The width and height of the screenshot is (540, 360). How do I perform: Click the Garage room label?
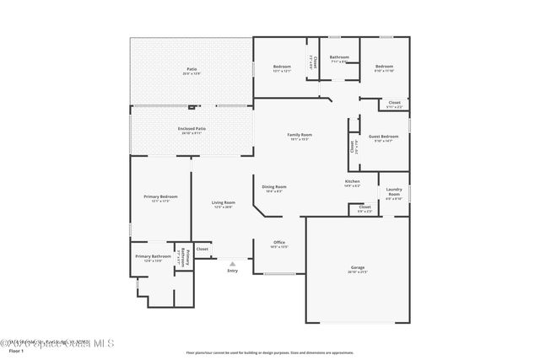click(358, 267)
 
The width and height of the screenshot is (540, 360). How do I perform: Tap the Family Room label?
click(300, 135)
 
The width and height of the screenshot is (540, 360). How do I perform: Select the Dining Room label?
click(274, 186)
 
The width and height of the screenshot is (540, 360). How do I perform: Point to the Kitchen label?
click(353, 181)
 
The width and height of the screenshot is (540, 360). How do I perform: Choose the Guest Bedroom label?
click(383, 136)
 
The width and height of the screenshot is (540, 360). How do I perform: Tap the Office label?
click(278, 242)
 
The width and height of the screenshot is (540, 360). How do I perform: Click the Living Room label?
click(224, 202)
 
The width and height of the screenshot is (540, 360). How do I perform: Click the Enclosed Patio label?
click(192, 128)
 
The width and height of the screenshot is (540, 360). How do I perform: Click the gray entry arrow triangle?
click(233, 264)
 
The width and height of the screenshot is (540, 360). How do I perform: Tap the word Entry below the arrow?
click(233, 271)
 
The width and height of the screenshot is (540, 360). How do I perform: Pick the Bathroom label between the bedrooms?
click(339, 57)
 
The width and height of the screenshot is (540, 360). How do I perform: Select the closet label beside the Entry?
click(202, 249)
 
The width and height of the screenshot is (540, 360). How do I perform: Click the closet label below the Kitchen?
click(364, 207)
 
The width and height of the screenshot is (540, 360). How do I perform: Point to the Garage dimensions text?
click(358, 272)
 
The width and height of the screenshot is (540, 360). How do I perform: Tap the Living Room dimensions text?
click(224, 207)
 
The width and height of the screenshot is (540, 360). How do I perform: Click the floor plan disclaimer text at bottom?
click(270, 352)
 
